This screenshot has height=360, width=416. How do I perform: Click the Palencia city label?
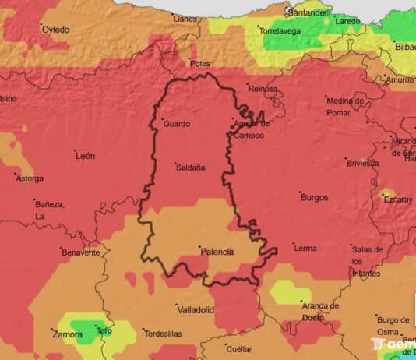[x=217, y=252]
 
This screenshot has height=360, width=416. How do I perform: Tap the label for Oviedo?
[x=55, y=30]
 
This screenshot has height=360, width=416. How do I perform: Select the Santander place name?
[x=307, y=12]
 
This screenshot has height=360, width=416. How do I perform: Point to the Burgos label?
[x=314, y=197]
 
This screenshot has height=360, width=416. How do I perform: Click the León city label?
[x=85, y=156]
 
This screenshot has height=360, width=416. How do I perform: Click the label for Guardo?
[x=176, y=123]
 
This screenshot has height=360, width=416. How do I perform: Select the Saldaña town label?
[x=190, y=167]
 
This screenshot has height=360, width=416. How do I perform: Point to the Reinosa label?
[x=263, y=89]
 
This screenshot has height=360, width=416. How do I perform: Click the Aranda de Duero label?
[x=320, y=311]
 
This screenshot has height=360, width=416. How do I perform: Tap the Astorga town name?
[x=30, y=178]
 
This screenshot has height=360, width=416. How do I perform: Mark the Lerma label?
[x=305, y=248]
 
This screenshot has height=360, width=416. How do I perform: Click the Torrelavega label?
[x=280, y=31]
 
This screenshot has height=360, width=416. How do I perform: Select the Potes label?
[x=201, y=62]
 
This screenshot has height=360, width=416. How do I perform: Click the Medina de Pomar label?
[x=346, y=106]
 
